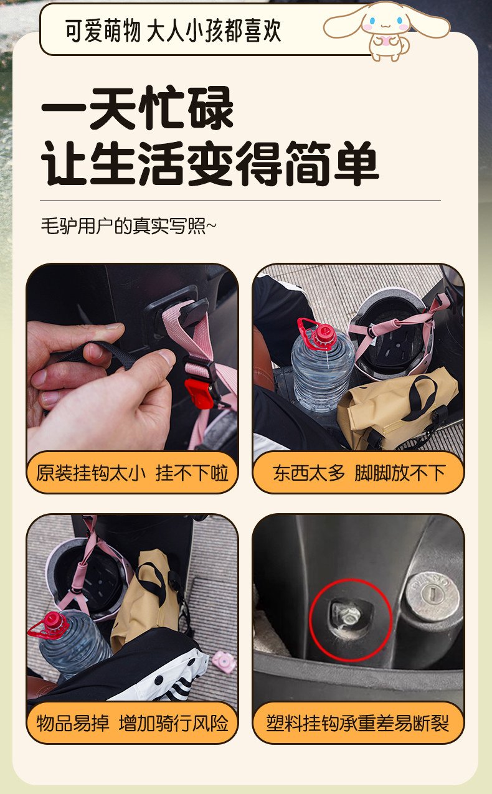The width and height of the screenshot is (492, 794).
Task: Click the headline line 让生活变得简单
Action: (210, 163)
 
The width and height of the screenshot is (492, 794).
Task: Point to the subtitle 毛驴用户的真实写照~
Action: (128, 226)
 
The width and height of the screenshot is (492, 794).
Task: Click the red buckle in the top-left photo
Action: (199, 393)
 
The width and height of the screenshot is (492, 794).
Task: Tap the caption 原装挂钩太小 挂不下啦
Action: (132, 473)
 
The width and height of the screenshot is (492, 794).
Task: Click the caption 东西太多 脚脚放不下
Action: (359, 473)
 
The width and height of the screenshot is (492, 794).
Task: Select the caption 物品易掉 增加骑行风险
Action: (132, 724)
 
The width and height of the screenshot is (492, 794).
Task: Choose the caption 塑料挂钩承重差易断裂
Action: (358, 724)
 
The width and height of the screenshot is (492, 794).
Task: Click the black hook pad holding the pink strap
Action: (194, 311)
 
